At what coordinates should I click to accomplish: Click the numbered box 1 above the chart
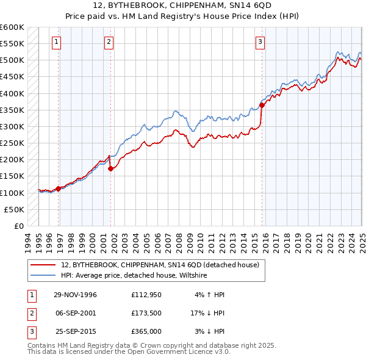point(56,42)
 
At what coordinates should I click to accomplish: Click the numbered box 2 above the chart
point(108,42)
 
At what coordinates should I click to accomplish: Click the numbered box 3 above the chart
point(260,42)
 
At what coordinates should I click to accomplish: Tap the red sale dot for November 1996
point(59,189)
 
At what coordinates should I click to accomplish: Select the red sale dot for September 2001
point(110,169)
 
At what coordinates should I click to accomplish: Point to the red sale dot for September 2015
point(262,105)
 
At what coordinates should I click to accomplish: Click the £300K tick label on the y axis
point(12,127)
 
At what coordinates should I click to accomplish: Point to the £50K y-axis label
point(15,209)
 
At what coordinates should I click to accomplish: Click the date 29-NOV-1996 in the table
point(76,295)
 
